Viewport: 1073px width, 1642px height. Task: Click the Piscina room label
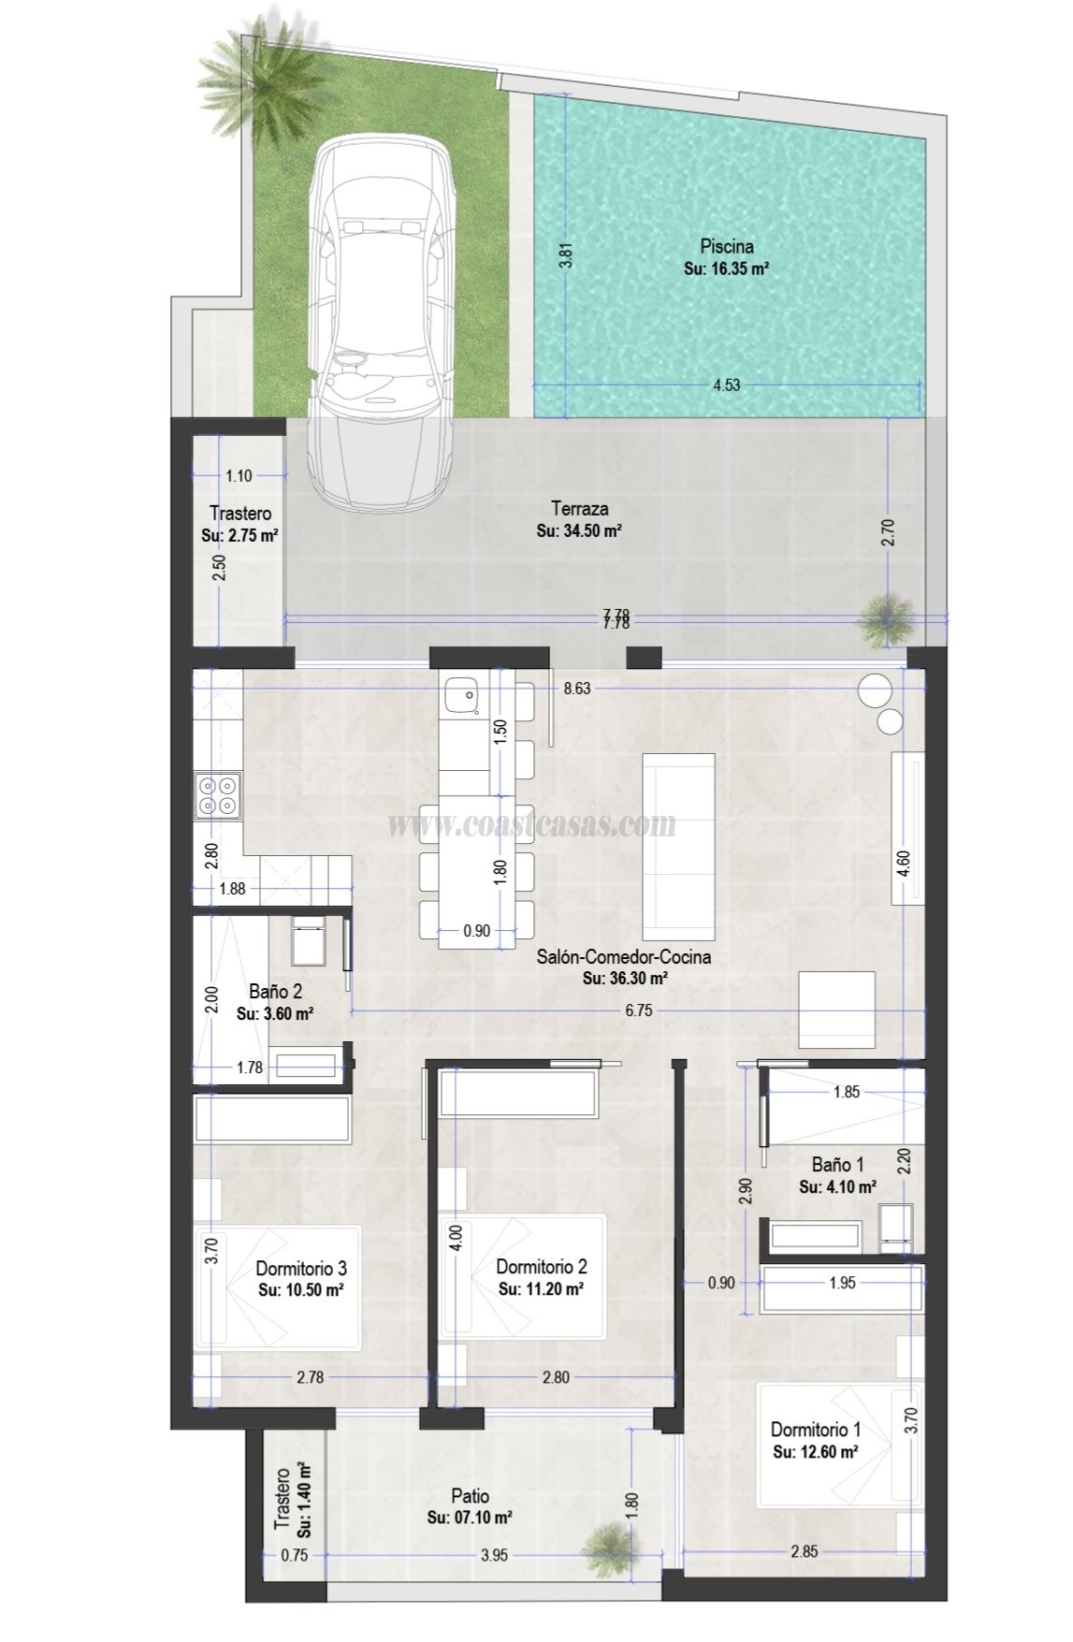click(x=727, y=247)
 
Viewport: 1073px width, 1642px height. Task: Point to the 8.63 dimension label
click(x=576, y=688)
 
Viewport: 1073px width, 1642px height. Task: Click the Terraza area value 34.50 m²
click(x=580, y=530)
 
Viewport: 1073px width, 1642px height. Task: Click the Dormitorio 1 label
click(x=815, y=1430)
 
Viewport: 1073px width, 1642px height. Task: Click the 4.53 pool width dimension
click(x=726, y=385)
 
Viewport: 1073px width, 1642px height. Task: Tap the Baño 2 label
click(x=275, y=992)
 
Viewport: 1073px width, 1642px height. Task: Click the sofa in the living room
click(x=679, y=846)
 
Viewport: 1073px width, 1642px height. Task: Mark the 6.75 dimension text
click(x=638, y=1010)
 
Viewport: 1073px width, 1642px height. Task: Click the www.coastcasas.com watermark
click(x=530, y=824)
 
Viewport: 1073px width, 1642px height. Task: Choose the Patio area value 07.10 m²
click(x=469, y=1518)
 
